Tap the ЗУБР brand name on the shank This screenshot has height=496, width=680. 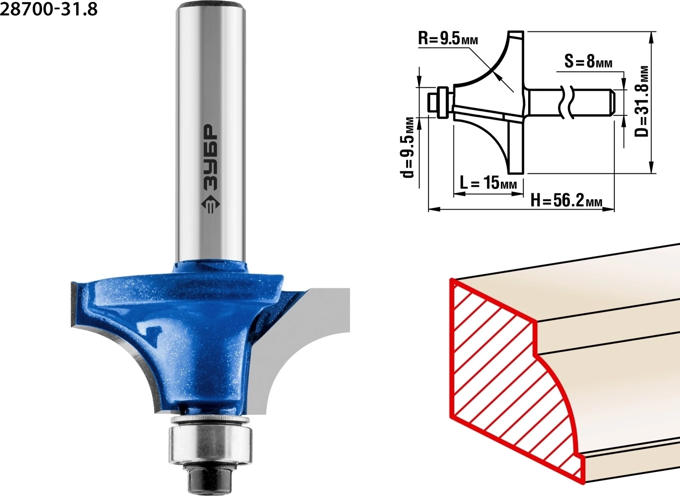(x=210, y=157)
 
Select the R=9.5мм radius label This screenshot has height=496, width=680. (x=448, y=39)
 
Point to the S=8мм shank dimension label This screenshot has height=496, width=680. (x=588, y=61)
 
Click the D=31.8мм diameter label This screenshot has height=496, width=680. (x=642, y=102)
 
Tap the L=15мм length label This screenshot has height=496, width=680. (x=488, y=182)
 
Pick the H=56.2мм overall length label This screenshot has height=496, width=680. (x=566, y=200)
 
